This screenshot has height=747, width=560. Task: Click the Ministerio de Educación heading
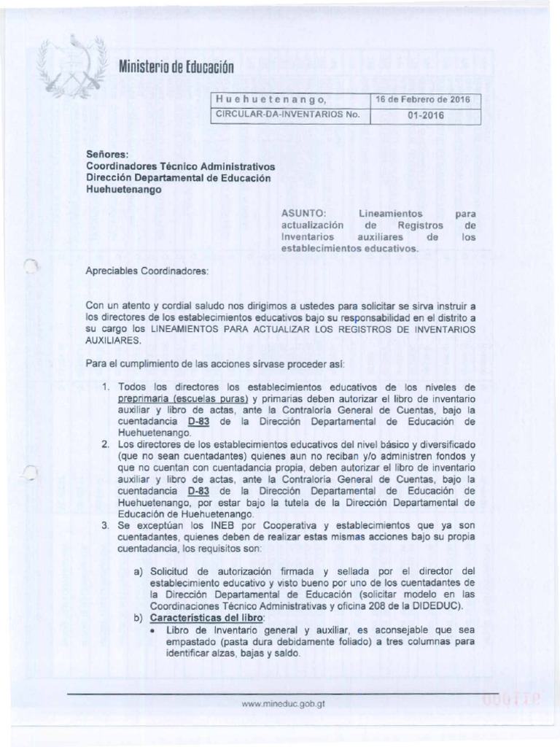click(175, 69)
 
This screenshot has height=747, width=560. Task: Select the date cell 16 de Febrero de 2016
click(424, 99)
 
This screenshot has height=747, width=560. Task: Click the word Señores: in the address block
click(107, 154)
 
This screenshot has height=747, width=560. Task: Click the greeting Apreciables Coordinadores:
click(147, 271)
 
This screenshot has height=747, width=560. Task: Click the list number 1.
click(106, 387)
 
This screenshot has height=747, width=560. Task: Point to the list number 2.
click(106, 444)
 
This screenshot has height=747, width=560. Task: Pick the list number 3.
click(106, 525)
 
